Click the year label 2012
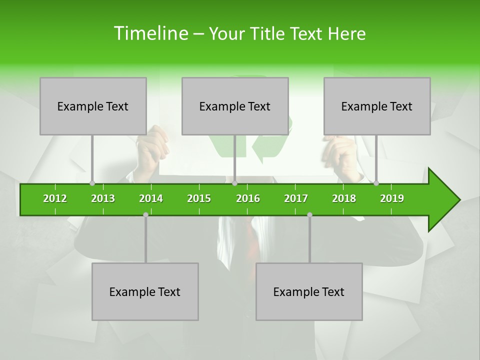pyautogui.click(x=55, y=198)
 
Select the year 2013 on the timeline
pyautogui.click(x=103, y=198)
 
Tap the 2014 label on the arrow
pyautogui.click(x=151, y=198)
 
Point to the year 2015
pyautogui.click(x=199, y=198)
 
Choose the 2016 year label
pyautogui.click(x=248, y=198)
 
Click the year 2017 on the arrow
pyautogui.click(x=296, y=198)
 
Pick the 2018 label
pyautogui.click(x=344, y=198)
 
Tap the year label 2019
pyautogui.click(x=392, y=198)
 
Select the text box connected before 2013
pyautogui.click(x=93, y=106)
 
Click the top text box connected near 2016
pyautogui.click(x=235, y=106)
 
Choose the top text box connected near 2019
pyautogui.click(x=377, y=106)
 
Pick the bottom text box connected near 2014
pyautogui.click(x=145, y=291)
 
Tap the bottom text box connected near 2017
pyautogui.click(x=309, y=291)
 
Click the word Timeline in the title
pyautogui.click(x=150, y=33)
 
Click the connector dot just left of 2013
pyautogui.click(x=92, y=183)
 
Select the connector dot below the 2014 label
pyautogui.click(x=145, y=214)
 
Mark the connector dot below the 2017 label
pyautogui.click(x=309, y=214)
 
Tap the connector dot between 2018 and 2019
pyautogui.click(x=376, y=183)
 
